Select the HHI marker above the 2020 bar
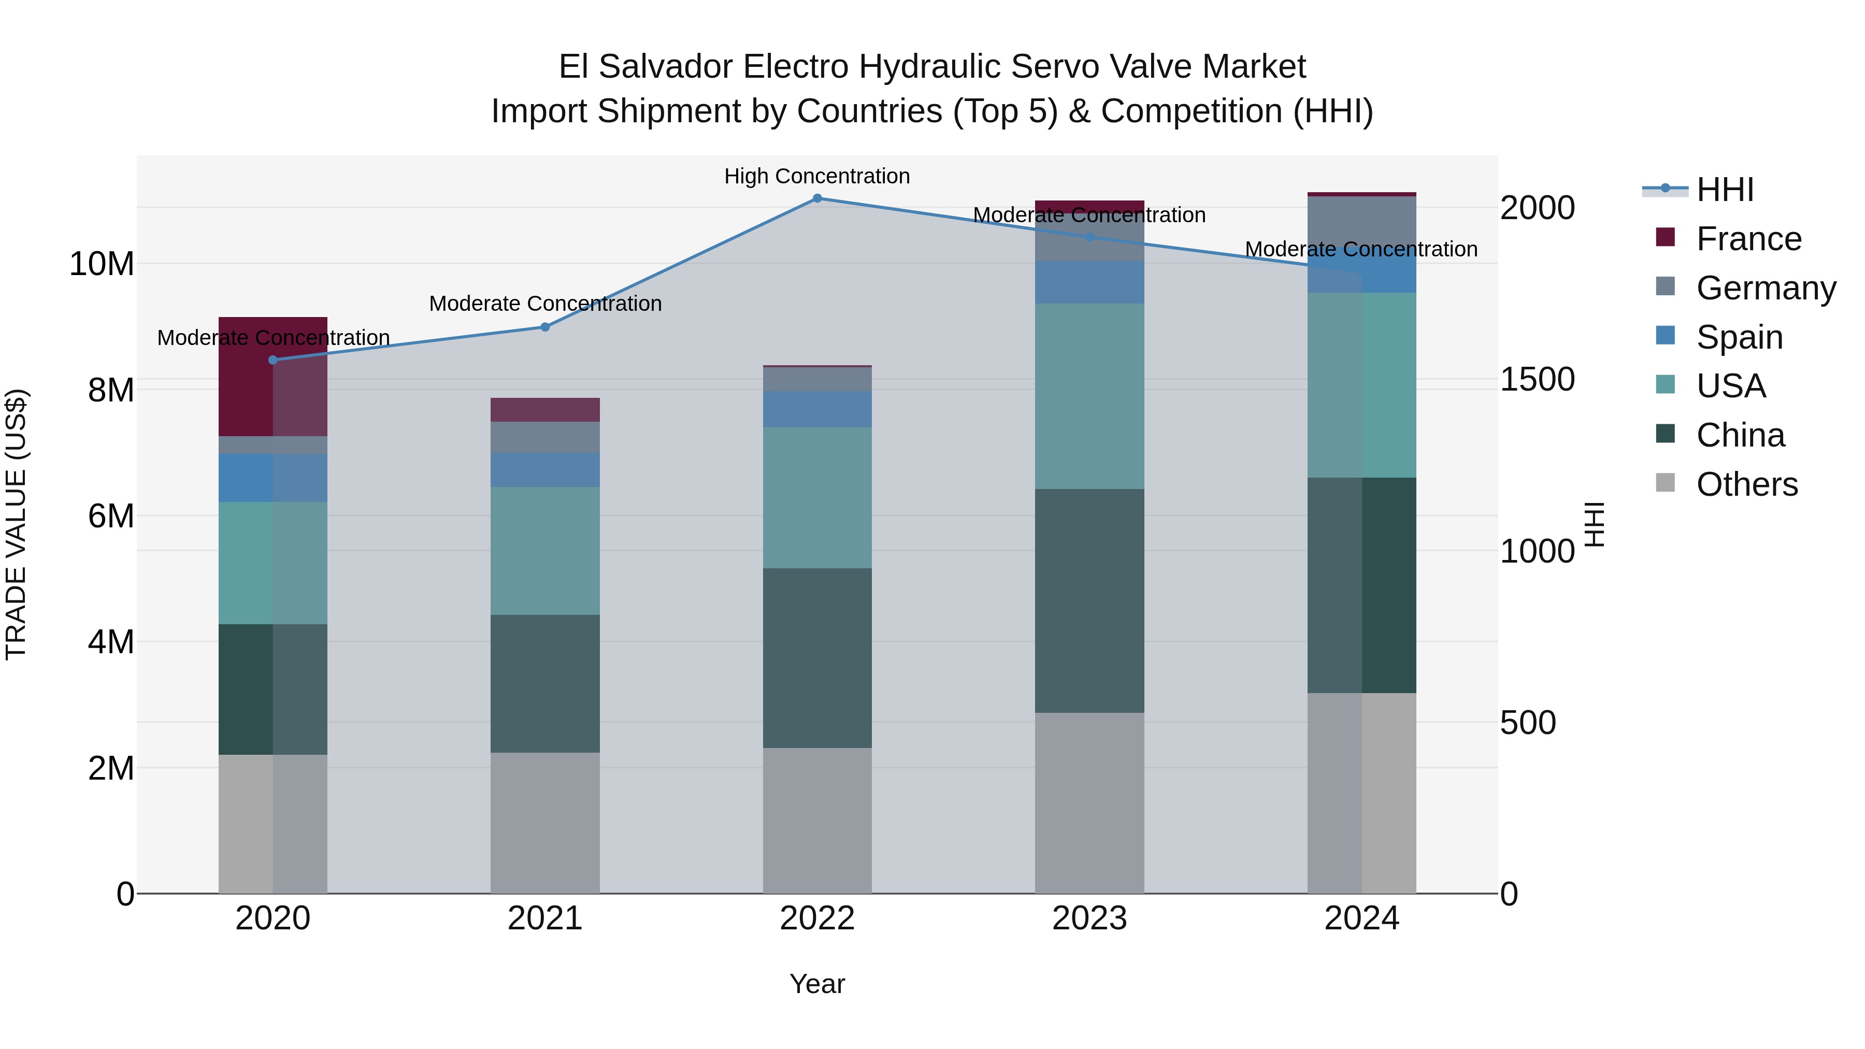pos(273,360)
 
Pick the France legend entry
pos(1748,238)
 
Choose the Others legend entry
pos(1746,484)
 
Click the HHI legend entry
pos(1725,190)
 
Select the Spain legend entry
pos(1739,337)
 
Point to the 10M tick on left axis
pos(102,264)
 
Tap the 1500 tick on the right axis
pos(1537,379)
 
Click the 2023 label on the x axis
pos(1089,918)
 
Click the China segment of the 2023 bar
pos(1089,600)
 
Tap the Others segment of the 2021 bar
pos(545,823)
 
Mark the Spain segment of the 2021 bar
pos(545,470)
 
